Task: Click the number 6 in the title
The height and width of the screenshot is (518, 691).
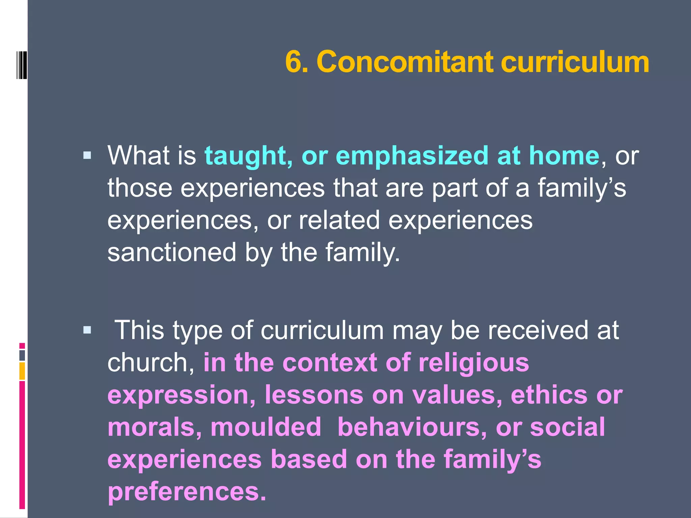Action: (x=294, y=62)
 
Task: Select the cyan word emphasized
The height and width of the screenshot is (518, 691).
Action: (x=412, y=156)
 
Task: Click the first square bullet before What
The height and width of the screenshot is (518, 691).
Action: (x=87, y=155)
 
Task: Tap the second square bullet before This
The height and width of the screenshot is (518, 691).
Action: (x=87, y=329)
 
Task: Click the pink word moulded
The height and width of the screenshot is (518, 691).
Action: (x=266, y=427)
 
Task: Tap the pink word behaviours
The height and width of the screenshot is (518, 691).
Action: (x=412, y=427)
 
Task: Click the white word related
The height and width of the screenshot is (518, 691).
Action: (x=339, y=220)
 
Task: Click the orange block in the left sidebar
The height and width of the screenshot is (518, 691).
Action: (x=22, y=371)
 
